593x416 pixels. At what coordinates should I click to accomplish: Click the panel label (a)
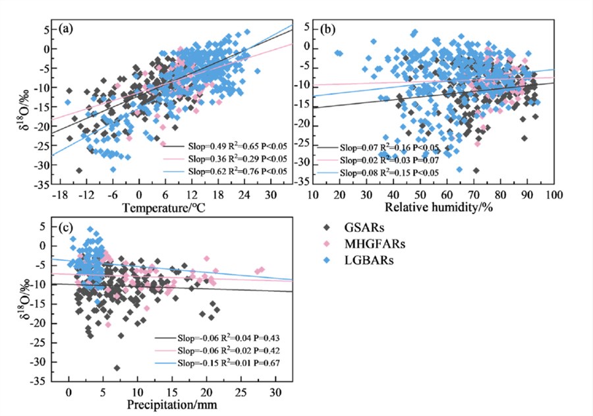tap(65, 29)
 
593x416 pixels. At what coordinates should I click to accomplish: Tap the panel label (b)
tap(326, 29)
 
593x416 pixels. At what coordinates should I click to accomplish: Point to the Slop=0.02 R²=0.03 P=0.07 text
tap(391, 160)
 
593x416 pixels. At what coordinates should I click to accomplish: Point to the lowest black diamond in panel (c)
tap(117, 368)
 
